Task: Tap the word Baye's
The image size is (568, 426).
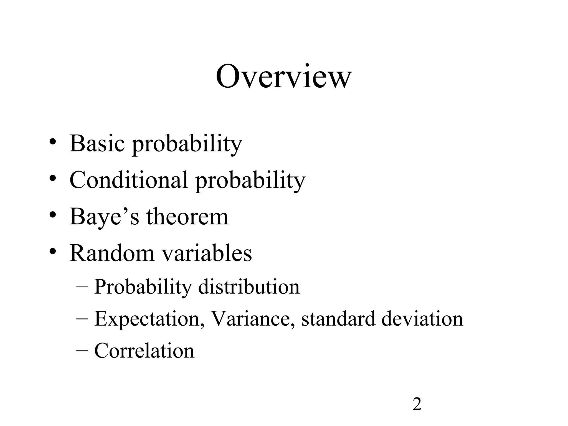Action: pos(104,217)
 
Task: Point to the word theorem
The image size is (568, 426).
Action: pos(187,217)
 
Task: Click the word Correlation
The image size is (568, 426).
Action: pos(144,351)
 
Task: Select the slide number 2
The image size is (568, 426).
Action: pos(417,404)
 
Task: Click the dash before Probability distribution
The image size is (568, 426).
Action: pos(82,286)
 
